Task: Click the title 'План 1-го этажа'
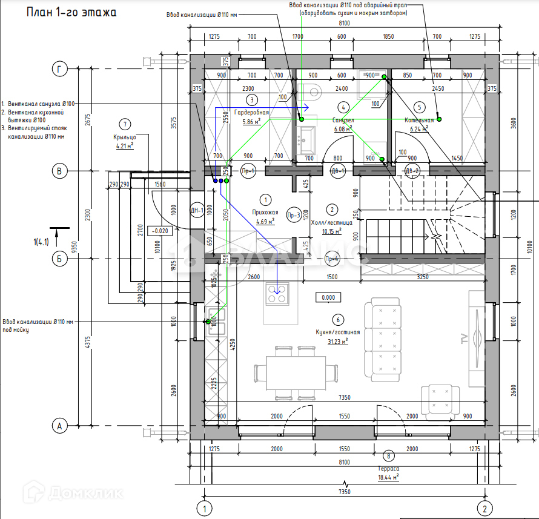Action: (x=71, y=12)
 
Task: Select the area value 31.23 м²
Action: (x=337, y=342)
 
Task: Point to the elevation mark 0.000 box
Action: (x=328, y=297)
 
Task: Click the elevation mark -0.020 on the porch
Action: (x=162, y=231)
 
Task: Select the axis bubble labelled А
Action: (x=59, y=426)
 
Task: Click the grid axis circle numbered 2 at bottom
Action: (x=483, y=507)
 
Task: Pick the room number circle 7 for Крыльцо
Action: (x=125, y=125)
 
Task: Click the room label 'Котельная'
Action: (x=419, y=121)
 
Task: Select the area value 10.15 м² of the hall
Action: (x=331, y=231)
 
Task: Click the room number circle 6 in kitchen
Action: (x=337, y=320)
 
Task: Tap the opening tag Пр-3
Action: (x=294, y=214)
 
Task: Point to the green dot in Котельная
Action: (x=440, y=119)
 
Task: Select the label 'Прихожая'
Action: (x=265, y=213)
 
